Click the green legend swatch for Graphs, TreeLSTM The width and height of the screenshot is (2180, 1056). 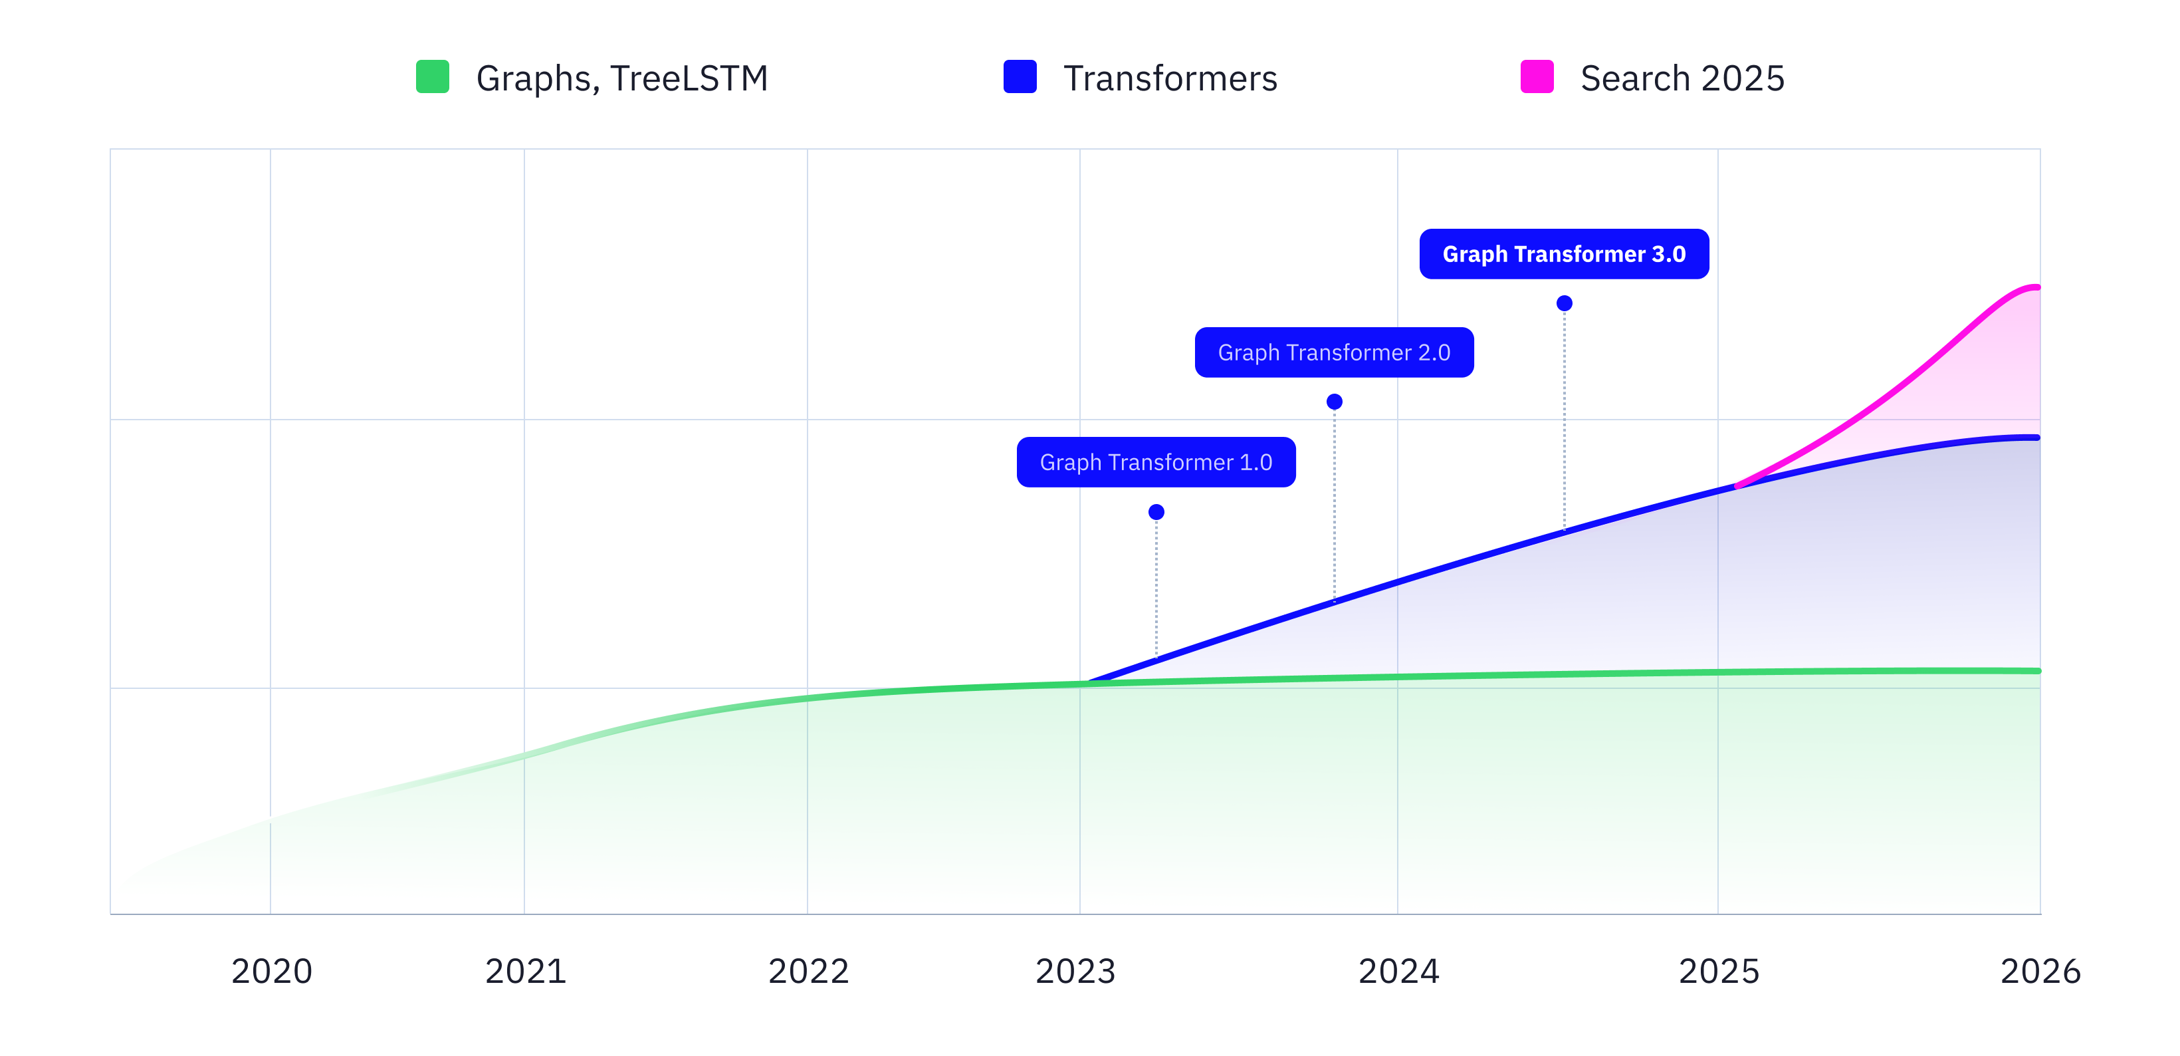click(x=433, y=76)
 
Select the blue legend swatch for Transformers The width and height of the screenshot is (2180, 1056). click(x=1020, y=76)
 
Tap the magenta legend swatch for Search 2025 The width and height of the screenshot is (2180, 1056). click(x=1537, y=76)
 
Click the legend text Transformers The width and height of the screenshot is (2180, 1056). click(x=1170, y=78)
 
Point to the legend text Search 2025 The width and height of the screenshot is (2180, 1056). click(x=1682, y=78)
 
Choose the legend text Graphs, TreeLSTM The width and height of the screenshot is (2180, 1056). click(x=622, y=78)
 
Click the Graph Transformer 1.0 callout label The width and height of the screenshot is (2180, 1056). click(x=1156, y=462)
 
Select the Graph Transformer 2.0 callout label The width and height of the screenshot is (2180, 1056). click(x=1334, y=352)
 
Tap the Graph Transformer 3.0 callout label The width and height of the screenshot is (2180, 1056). click(x=1564, y=254)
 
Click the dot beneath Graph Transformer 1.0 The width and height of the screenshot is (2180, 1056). click(x=1156, y=511)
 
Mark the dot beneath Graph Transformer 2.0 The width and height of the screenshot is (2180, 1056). click(x=1335, y=402)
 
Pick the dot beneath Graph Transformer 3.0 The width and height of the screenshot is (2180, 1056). click(x=1565, y=303)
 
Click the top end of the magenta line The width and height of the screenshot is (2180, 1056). click(x=2038, y=288)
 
